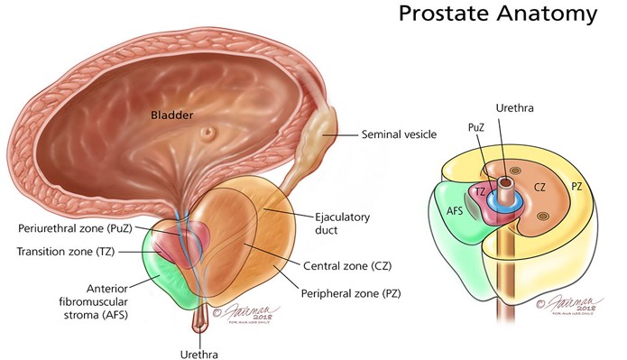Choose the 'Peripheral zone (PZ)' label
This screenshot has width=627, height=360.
tap(356, 293)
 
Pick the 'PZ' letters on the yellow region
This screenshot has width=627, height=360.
tap(578, 187)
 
